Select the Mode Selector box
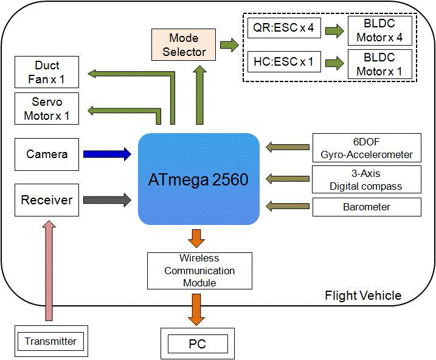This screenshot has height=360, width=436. [x=184, y=45]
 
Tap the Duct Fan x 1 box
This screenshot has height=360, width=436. [x=47, y=72]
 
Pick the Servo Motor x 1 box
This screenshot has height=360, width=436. [x=47, y=108]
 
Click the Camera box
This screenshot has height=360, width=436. [x=47, y=154]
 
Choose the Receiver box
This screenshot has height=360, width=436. [x=47, y=199]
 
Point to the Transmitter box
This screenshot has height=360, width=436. [x=51, y=341]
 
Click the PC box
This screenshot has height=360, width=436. [x=194, y=344]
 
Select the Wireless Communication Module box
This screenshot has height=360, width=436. [x=199, y=271]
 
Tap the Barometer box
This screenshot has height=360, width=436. [x=367, y=207]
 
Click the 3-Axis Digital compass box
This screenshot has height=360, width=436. [x=367, y=179]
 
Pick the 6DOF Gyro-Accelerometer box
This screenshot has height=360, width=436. [x=367, y=148]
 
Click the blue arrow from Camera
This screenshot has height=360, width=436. [x=107, y=154]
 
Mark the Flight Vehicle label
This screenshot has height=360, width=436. [x=363, y=296]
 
